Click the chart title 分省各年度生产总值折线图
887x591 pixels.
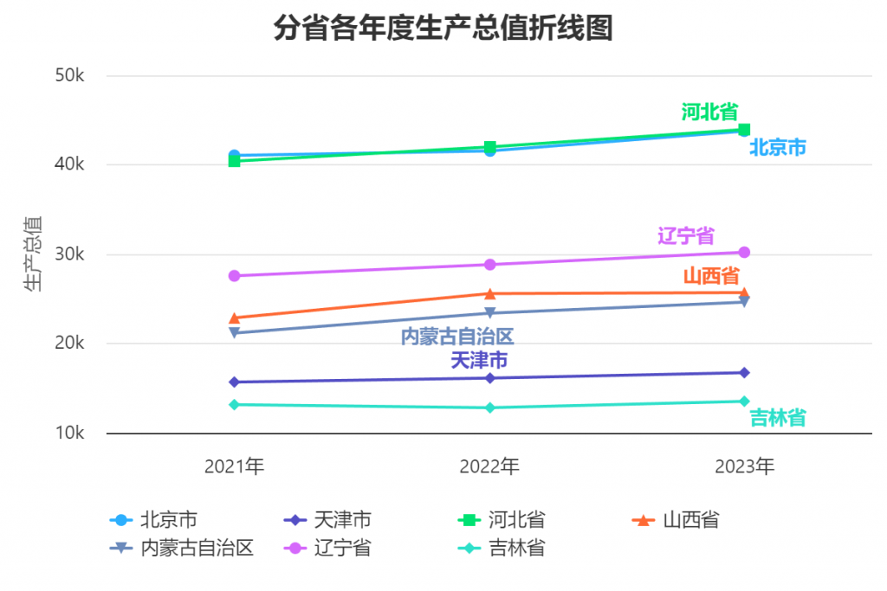443,29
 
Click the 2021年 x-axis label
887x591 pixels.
234,467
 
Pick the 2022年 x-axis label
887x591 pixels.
489,467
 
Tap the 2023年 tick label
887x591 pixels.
744,467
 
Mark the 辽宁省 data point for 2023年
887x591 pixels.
744,253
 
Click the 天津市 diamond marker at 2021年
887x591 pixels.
234,382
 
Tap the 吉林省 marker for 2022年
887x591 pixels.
489,408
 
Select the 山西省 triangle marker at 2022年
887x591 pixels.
489,294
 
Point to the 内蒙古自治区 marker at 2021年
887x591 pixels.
234,333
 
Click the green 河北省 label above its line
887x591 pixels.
709,112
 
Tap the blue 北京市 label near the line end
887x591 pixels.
777,148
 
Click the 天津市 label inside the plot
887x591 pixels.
479,360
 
